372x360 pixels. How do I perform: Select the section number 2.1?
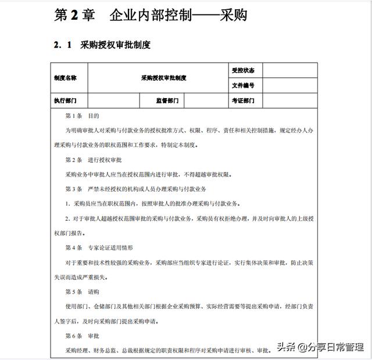(62, 45)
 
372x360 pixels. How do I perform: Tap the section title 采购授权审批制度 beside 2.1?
(115, 45)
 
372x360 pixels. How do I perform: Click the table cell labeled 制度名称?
(65, 77)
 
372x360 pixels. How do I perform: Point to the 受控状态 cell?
(243, 70)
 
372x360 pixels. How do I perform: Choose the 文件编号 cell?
(243, 85)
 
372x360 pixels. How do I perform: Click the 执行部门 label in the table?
(65, 100)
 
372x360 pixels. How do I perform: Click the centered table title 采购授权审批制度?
(163, 77)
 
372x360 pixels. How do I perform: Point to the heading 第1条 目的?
(82, 116)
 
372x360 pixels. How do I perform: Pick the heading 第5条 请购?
(82, 291)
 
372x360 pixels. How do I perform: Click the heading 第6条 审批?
(82, 336)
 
